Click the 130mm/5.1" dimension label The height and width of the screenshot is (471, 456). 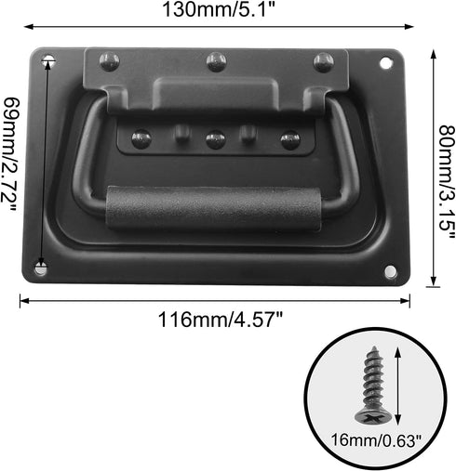point(213,12)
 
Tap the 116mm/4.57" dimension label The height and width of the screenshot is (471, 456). point(214,319)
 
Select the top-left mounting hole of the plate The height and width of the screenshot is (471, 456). point(48,63)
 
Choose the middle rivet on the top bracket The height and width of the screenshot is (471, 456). point(217,62)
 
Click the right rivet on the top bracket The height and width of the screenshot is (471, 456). point(322,62)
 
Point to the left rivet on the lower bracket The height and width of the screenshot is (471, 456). point(141,139)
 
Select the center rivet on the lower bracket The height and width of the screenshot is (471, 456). point(215,140)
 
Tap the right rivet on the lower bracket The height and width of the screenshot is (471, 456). point(289,140)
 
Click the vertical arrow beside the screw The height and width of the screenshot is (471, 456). point(398,381)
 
